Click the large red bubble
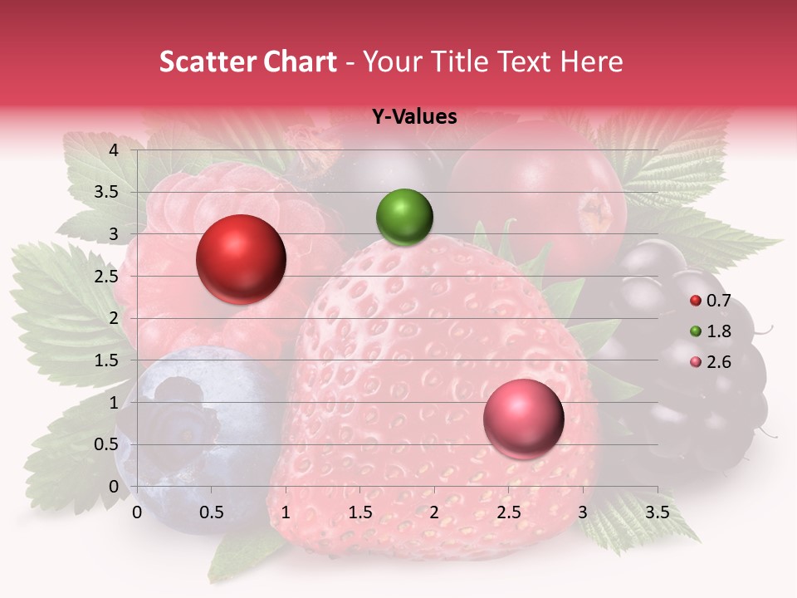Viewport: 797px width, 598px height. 242,259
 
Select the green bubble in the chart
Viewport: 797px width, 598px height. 404,218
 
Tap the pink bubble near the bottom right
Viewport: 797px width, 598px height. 523,419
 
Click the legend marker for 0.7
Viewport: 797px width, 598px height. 696,301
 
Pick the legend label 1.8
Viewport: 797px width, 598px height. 720,331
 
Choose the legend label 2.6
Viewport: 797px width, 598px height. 720,362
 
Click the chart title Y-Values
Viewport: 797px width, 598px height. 413,117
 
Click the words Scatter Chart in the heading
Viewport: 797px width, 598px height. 247,61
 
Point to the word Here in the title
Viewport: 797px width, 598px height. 591,61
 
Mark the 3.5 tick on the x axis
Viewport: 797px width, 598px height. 658,512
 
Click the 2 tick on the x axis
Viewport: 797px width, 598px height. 434,512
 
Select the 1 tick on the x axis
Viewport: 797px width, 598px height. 286,512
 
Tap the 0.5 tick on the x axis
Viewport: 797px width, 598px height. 212,512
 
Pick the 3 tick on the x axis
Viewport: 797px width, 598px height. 583,512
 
